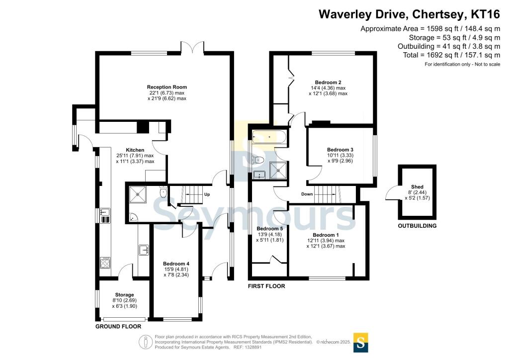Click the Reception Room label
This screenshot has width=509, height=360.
pos(167,87)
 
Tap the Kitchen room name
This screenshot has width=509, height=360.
pos(135,150)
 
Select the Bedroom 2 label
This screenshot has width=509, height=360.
pos(328,83)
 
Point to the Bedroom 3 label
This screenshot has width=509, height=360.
pos(340,150)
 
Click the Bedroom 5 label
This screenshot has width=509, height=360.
pos(270,229)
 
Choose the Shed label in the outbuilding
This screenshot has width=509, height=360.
pos(417,187)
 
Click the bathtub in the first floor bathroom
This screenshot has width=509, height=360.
pos(269,137)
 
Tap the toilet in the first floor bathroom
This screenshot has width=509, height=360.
pos(258,160)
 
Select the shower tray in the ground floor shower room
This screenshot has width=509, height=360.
pos(138,194)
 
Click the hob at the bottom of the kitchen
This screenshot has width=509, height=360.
pos(105,263)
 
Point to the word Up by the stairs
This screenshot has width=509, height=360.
pos(207,194)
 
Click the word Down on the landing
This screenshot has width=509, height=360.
pos(307,194)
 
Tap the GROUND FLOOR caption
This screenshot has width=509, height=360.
pos(118,327)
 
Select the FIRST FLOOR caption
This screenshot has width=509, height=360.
pos(266,286)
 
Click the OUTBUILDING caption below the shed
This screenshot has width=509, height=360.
pos(417,226)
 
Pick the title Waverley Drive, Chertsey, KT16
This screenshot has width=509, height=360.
pos(409,14)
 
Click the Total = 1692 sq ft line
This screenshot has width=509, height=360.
pos(451,55)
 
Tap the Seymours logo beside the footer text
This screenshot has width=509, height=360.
pos(360,343)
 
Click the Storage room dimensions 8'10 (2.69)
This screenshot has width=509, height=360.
pos(124,301)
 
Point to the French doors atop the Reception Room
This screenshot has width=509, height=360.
pos(192,47)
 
